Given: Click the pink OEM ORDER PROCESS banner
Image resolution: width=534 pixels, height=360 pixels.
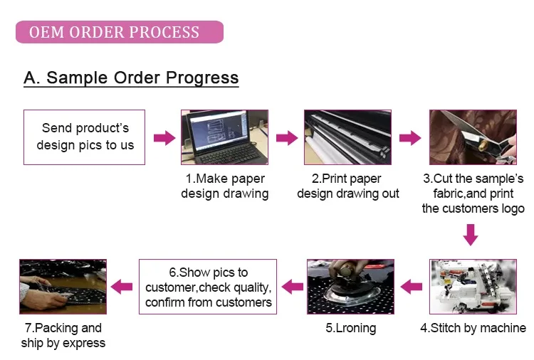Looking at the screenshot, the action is coord(120,32).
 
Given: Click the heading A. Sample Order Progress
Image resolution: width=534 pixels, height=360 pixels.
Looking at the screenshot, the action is coord(131,78).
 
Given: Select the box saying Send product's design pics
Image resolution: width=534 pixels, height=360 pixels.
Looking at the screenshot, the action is coord(85,137).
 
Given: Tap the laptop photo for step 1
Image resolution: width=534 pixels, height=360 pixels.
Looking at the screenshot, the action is coord(225,137).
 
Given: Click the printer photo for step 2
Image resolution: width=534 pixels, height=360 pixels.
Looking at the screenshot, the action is coord(347,137).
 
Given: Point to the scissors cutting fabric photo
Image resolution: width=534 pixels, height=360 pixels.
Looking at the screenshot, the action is coord(473,137).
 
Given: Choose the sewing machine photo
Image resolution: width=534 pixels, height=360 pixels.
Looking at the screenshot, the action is coord(473,287).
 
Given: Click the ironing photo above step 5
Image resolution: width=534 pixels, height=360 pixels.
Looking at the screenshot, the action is coord(351,287).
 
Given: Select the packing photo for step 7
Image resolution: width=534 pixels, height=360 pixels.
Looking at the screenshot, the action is coord(63,287).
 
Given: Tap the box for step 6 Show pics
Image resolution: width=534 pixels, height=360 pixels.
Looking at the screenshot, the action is coord(208,287).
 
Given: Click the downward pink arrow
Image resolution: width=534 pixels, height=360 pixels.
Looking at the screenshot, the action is coord(471,235).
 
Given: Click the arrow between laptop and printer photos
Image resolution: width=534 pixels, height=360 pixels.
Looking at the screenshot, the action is coord(287,138).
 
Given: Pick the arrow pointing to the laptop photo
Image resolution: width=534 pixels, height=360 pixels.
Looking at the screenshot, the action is coord(164,138).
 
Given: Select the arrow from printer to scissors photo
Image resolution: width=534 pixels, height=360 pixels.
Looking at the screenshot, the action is coord(410,138).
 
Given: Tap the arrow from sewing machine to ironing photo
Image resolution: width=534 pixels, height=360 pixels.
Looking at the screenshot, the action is coord(412,287).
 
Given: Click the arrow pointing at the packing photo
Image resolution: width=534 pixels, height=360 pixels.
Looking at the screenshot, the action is coord(122,287).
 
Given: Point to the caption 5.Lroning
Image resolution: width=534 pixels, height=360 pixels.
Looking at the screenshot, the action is coord(351,328).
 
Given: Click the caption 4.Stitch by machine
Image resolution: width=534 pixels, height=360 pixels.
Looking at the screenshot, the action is coord(473,328).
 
